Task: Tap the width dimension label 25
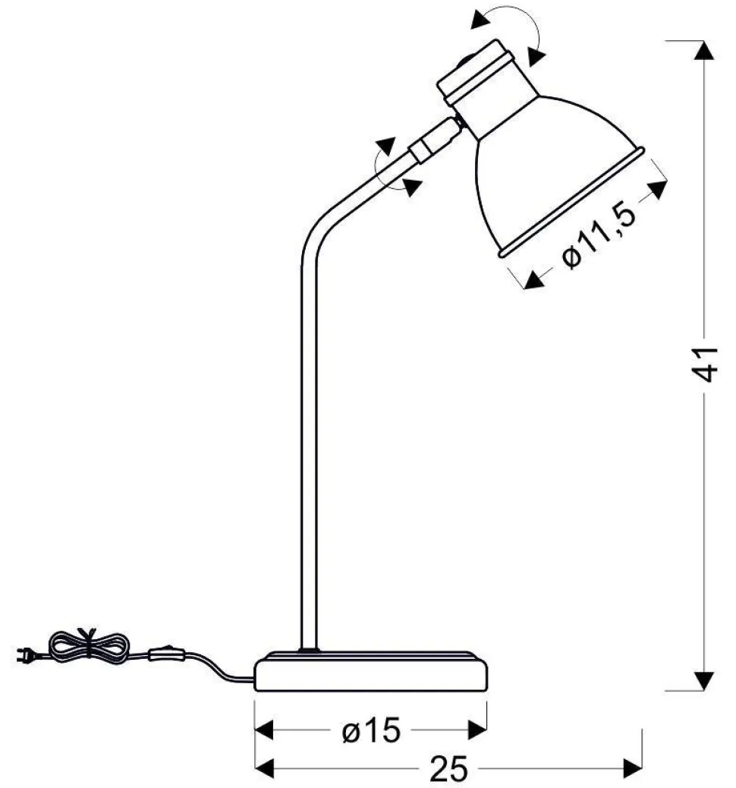(449, 768)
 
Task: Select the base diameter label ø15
(371, 730)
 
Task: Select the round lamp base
(371, 670)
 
